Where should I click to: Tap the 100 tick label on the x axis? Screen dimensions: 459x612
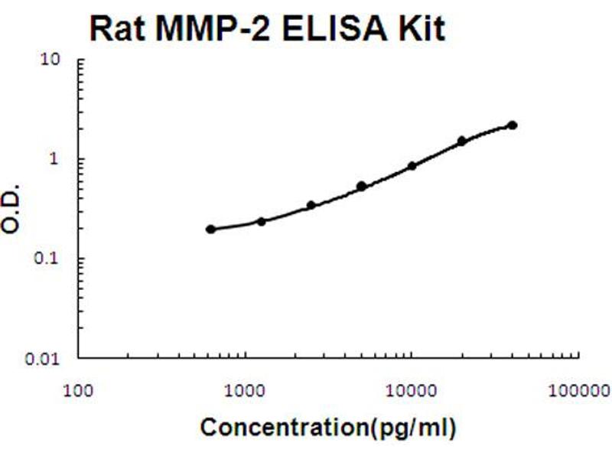click(x=79, y=391)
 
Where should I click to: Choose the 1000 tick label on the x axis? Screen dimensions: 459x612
click(x=245, y=391)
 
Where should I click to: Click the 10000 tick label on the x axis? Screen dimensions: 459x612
click(x=411, y=391)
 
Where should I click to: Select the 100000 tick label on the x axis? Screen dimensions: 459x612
click(x=575, y=391)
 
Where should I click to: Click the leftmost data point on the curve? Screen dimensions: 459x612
click(x=210, y=229)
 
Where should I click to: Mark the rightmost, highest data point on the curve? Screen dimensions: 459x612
click(x=512, y=125)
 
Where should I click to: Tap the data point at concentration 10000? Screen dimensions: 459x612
click(x=412, y=165)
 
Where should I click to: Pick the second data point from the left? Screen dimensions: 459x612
click(x=261, y=221)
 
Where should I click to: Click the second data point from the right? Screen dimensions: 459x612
click(x=461, y=141)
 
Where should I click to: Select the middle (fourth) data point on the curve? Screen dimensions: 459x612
click(x=361, y=186)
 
